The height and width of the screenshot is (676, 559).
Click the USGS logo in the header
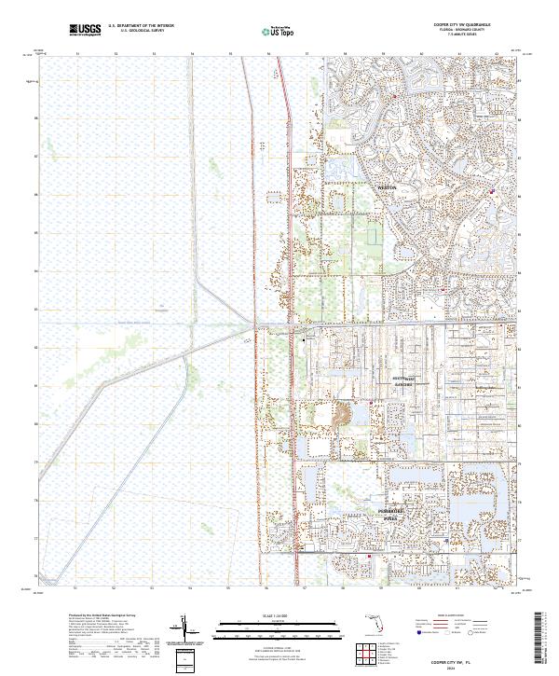[85, 30]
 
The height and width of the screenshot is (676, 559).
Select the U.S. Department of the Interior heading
[141, 24]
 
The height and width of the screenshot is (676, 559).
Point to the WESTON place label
[387, 187]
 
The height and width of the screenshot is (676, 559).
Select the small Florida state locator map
[373, 627]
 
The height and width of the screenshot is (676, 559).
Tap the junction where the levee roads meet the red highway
[255, 325]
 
